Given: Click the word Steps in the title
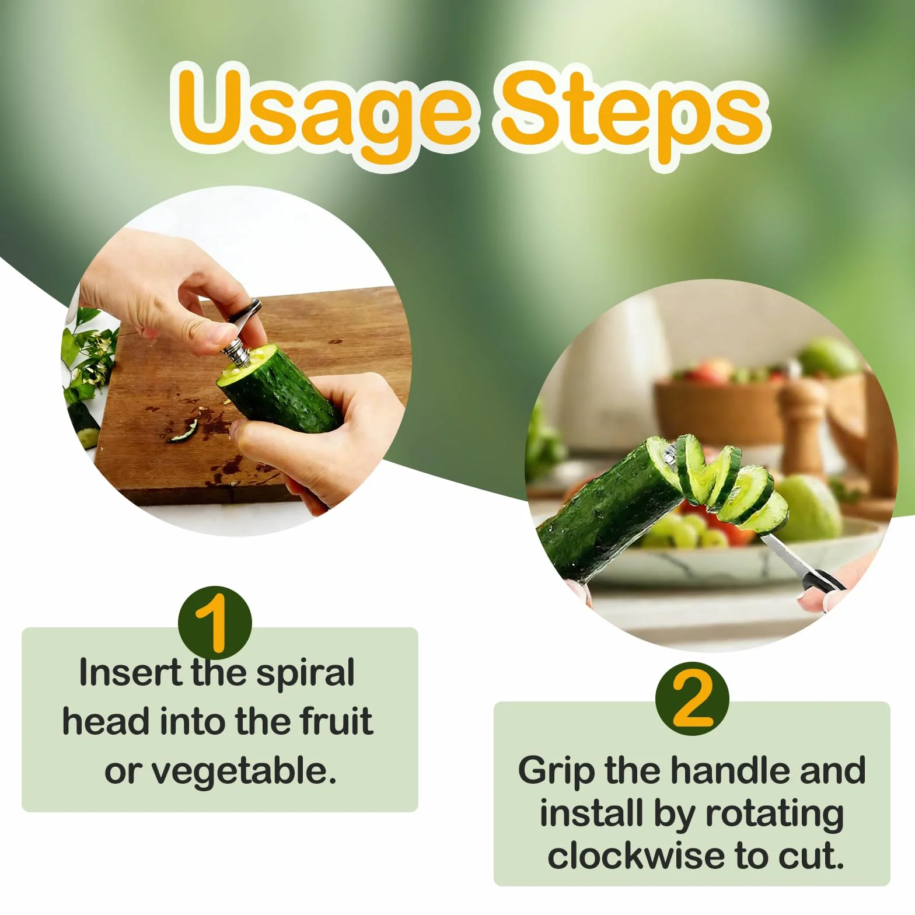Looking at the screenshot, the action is pyautogui.click(x=632, y=113).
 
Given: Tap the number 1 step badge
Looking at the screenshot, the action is pyautogui.click(x=215, y=623).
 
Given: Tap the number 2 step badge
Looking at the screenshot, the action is pyautogui.click(x=692, y=699).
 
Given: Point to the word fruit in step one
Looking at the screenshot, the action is pyautogui.click(x=337, y=721).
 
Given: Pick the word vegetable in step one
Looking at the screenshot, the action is pyautogui.click(x=244, y=772).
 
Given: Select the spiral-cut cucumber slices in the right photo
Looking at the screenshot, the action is pyautogui.click(x=729, y=484).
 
